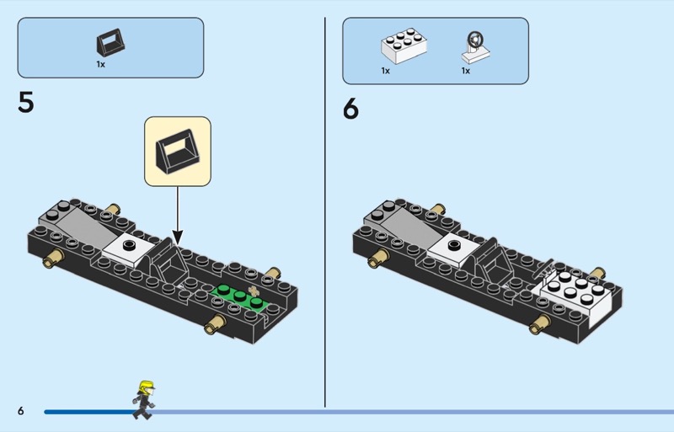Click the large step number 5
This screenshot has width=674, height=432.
click(25, 102)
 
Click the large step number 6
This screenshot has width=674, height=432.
click(350, 109)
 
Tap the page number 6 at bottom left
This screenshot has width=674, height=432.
click(21, 411)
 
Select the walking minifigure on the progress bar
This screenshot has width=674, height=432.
click(143, 400)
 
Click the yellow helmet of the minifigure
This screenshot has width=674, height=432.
click(146, 387)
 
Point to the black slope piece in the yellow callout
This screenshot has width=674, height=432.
click(178, 151)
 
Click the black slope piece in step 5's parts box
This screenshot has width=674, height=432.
click(110, 43)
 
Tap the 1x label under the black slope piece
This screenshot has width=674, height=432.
click(100, 64)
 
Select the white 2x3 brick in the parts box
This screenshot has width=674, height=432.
click(404, 46)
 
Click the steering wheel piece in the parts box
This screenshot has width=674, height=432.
click(475, 47)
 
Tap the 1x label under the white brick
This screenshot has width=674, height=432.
click(386, 71)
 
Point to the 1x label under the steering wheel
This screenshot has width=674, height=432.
click(466, 71)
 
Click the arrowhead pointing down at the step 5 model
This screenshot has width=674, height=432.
click(178, 237)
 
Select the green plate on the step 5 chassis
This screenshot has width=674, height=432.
click(240, 297)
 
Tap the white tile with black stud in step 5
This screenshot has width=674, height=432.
click(129, 248)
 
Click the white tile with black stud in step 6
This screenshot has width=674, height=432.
click(454, 248)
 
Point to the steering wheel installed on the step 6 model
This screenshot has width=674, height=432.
click(543, 269)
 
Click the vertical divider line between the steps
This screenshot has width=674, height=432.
click(325, 212)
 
